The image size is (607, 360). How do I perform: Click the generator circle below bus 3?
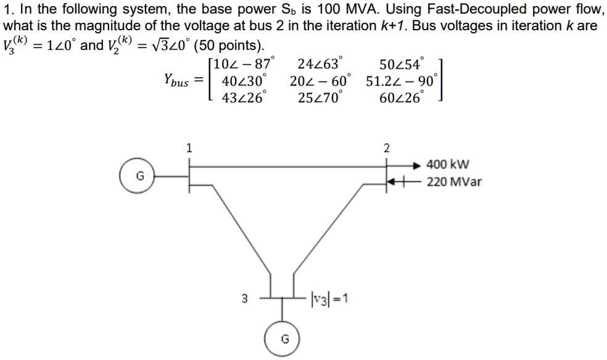click(284, 338)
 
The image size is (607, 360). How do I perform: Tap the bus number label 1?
click(189, 147)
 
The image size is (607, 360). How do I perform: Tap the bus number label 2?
click(387, 147)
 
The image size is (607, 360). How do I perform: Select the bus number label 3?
click(244, 300)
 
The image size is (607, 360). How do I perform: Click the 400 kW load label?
click(448, 165)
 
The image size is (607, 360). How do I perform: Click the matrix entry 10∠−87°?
click(245, 64)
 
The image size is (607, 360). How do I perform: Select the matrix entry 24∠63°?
click(320, 64)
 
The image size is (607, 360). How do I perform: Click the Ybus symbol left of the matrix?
click(176, 80)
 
